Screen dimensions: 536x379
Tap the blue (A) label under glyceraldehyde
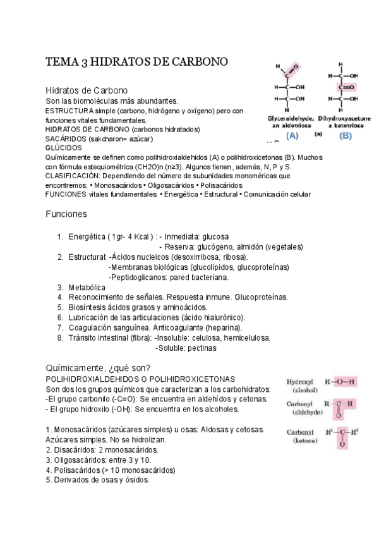[x=292, y=135]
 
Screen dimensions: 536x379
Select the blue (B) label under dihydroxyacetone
[x=346, y=135]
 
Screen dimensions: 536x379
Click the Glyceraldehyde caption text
[x=288, y=118]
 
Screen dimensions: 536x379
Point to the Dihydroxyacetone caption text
[x=345, y=118]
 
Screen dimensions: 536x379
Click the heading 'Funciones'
[x=66, y=214]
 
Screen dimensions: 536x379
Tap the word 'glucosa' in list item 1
[x=214, y=236]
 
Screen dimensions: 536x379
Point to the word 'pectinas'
[x=196, y=348]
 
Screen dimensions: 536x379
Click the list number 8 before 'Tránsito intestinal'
[x=59, y=338]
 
